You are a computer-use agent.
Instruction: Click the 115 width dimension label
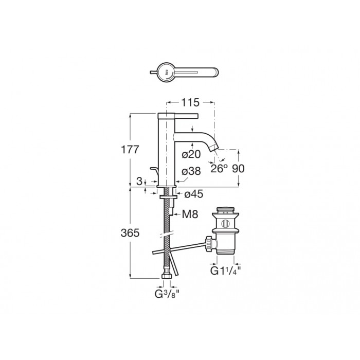point(190,103)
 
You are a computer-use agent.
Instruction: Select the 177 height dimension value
point(130,150)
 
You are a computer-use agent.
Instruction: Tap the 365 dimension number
point(130,233)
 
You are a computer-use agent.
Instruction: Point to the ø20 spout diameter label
point(191,154)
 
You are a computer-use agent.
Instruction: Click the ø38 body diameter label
point(191,171)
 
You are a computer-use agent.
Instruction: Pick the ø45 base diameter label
point(194,194)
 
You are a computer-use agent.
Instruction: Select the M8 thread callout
point(190,214)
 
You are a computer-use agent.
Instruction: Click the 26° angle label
point(219,169)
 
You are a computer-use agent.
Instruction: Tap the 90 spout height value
point(238,169)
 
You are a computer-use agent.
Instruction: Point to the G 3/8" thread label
point(167,294)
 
